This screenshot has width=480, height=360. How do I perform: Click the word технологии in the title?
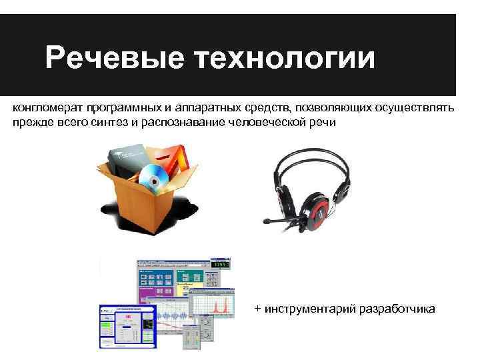(285, 59)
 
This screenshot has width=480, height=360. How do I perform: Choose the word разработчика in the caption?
(397, 309)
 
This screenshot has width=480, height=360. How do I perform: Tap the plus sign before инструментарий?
(257, 309)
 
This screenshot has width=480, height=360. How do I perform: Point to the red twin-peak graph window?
(214, 300)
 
